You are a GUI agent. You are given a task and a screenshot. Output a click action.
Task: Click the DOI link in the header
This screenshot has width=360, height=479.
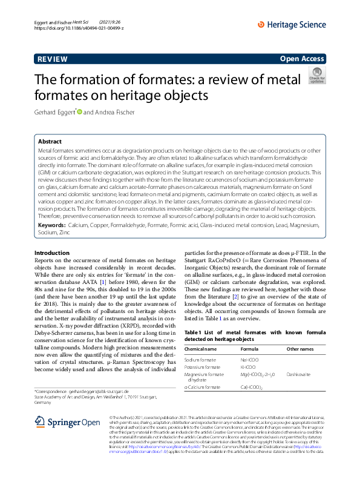(79, 28)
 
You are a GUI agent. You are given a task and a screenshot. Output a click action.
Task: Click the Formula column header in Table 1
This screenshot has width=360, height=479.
(249, 349)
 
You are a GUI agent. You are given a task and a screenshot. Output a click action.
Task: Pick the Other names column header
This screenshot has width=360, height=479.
(301, 349)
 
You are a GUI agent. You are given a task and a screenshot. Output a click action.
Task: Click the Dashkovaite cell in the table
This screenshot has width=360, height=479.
(299, 374)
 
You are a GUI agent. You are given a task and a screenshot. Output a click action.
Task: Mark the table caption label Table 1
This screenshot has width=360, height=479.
(194, 332)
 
